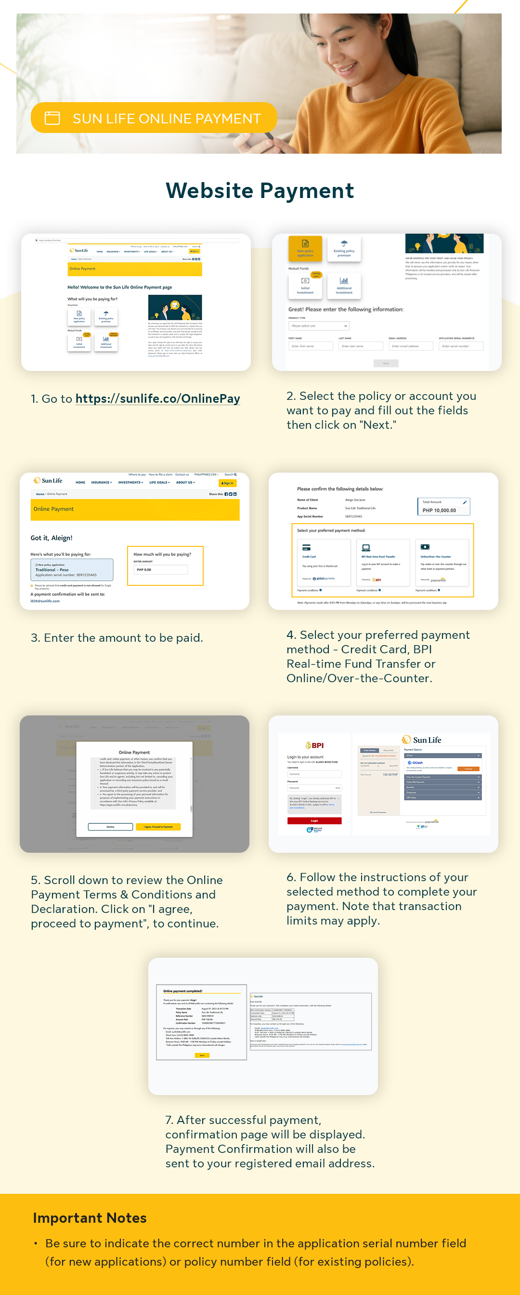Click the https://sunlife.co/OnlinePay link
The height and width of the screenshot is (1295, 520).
[158, 398]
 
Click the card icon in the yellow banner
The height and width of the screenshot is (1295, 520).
[52, 118]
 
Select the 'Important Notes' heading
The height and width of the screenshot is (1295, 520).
[90, 1217]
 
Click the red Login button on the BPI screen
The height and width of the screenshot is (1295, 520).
[314, 820]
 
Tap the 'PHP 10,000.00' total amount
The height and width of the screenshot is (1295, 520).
[439, 510]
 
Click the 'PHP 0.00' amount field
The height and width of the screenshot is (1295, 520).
[160, 569]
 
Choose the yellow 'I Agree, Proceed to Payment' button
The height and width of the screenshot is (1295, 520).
[158, 826]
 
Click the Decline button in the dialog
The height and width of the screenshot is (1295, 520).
[111, 826]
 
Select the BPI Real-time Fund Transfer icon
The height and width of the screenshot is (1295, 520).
[366, 547]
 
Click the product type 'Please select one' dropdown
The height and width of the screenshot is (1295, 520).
[319, 326]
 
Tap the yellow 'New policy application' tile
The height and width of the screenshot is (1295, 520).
[305, 248]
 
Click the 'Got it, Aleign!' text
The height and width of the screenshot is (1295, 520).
[51, 538]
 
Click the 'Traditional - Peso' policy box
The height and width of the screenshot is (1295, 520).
[72, 569]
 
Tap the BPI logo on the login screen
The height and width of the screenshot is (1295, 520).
[314, 745]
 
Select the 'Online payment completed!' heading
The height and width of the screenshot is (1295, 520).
[182, 991]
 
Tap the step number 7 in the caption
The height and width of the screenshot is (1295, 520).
[169, 1120]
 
